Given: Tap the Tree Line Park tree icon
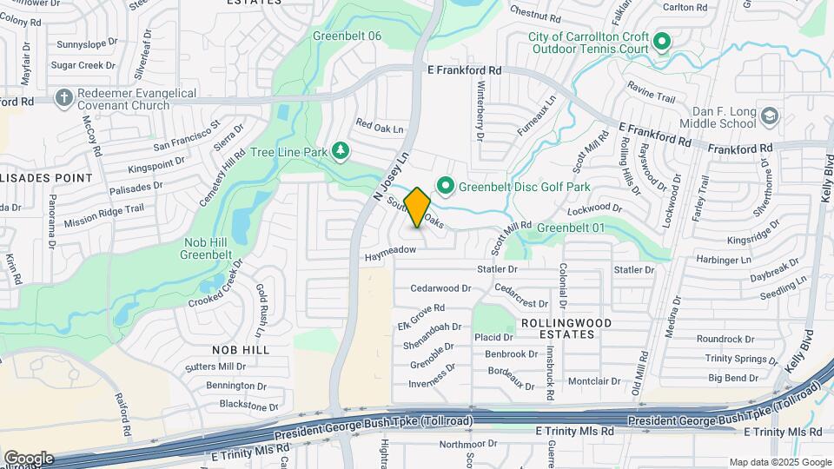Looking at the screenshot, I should coord(341,152).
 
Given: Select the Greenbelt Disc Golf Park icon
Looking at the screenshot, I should coord(446,186).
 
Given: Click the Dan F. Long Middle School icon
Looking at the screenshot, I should coord(768,116).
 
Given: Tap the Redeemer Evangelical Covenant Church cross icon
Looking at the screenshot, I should coord(63,98).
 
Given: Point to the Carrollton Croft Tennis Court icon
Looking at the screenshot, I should coord(661,42).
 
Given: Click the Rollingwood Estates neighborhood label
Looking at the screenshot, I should coord(565,328).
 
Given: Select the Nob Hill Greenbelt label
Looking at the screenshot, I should coord(205,248).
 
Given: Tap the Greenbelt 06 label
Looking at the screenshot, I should coord(347,36).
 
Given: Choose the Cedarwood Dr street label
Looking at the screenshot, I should coord(440,287).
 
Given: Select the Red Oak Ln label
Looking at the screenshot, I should coord(381,129).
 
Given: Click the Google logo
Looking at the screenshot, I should coord(29,458).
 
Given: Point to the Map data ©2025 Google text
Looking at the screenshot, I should coord(780,462).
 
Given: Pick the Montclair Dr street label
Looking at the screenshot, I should coord(592,381).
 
